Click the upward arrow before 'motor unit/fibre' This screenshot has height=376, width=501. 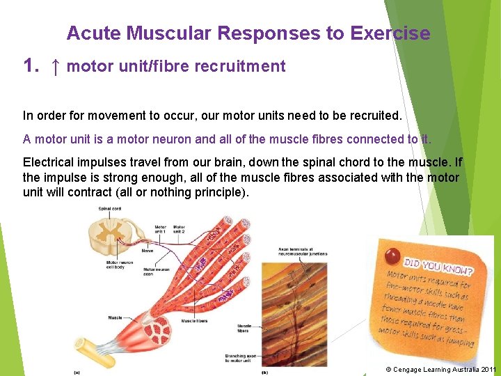(x=56, y=67)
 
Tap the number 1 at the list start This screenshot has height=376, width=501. (x=29, y=67)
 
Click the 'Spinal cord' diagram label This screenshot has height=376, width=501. (x=110, y=209)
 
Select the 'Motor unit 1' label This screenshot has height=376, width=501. (x=160, y=229)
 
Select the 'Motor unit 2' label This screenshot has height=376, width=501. (x=179, y=229)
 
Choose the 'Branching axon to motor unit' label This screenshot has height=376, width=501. (x=239, y=359)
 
